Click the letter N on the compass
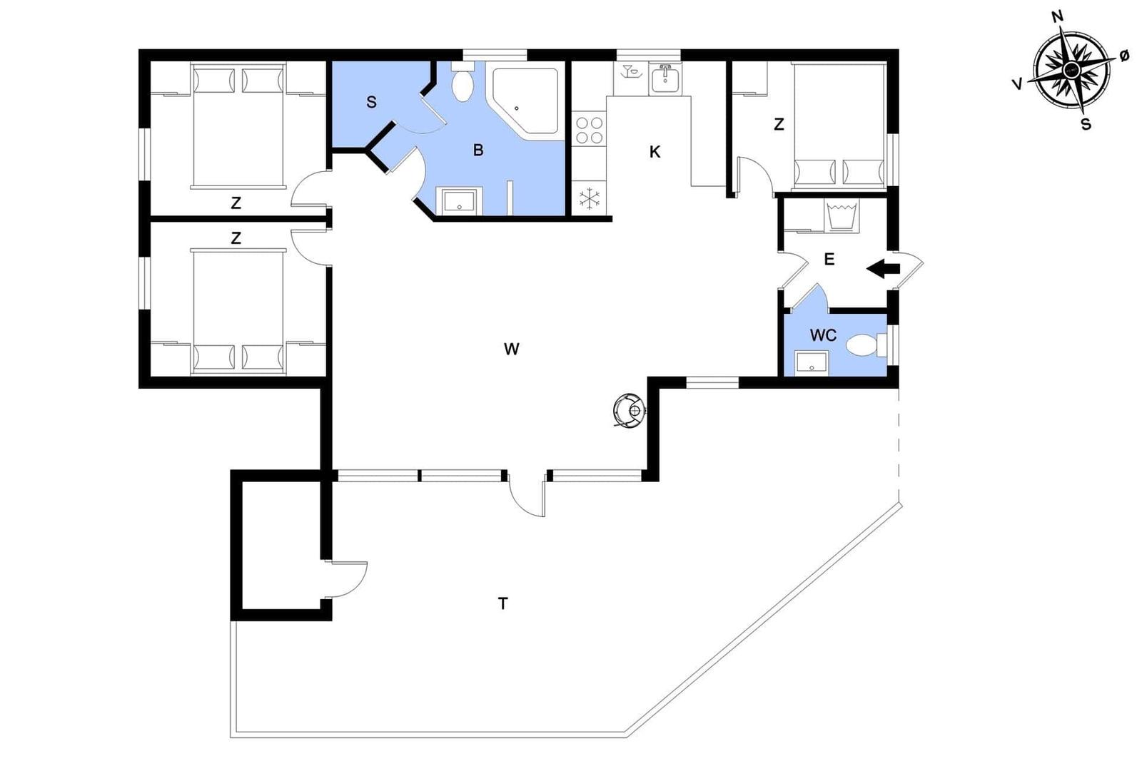(x=1057, y=17)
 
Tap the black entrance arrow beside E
(x=884, y=269)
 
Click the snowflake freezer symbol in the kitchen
(x=590, y=198)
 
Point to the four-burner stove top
(x=589, y=131)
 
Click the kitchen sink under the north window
(x=665, y=79)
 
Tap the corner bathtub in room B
(x=525, y=101)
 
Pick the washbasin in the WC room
(x=811, y=364)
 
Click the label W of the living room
(x=511, y=349)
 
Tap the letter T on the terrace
(x=502, y=603)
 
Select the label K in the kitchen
(x=655, y=152)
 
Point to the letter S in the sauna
(x=371, y=103)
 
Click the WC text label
(x=824, y=335)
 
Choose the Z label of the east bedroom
(x=779, y=124)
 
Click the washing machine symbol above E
(x=842, y=215)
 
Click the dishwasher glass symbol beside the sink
(x=630, y=71)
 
